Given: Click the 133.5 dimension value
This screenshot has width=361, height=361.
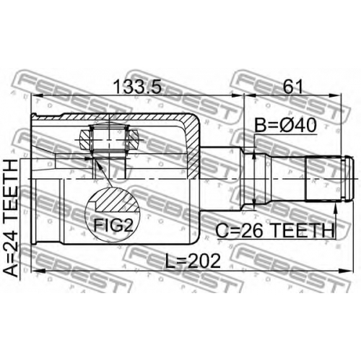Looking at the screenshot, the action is point(138,87).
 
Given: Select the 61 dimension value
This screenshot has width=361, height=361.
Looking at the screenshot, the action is point(292,87).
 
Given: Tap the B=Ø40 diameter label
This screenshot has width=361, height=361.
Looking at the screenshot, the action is point(285,126).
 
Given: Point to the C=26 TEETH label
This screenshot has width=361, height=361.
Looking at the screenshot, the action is point(274,230).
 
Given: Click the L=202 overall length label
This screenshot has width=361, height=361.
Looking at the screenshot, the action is point(193,261).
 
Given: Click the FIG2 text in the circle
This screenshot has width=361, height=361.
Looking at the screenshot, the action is point(113,225).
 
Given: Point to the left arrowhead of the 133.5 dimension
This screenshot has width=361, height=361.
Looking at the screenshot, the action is point(37,96).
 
